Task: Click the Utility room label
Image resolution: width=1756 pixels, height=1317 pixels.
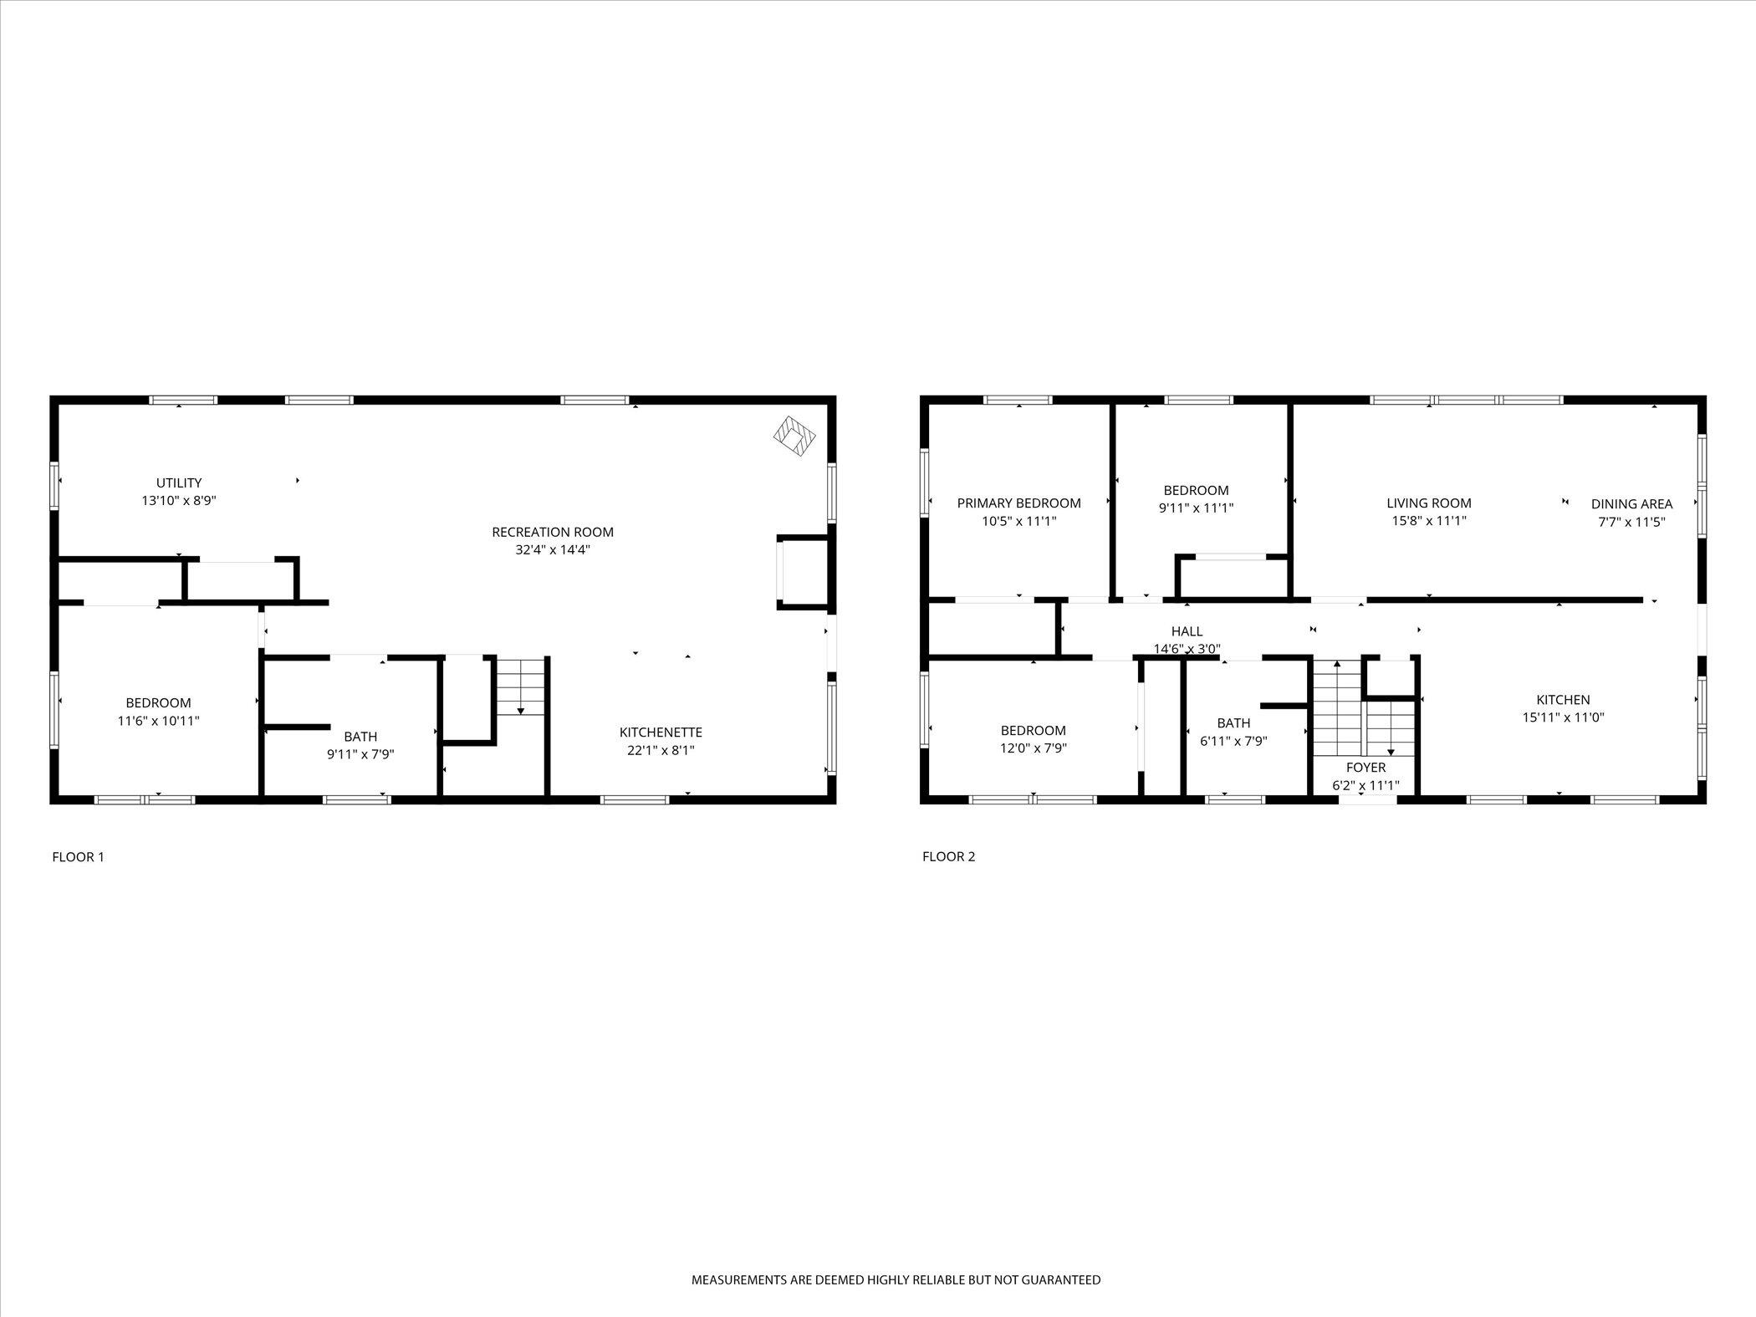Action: click(179, 482)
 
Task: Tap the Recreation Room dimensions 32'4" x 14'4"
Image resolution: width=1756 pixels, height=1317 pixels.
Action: click(553, 550)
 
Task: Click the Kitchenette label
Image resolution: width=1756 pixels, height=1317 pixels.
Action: click(661, 732)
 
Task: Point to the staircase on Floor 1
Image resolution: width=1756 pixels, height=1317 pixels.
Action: click(520, 685)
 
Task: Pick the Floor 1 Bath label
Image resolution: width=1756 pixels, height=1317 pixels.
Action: click(360, 736)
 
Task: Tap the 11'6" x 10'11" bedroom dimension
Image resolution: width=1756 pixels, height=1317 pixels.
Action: click(158, 721)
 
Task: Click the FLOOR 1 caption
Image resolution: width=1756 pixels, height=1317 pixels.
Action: click(78, 856)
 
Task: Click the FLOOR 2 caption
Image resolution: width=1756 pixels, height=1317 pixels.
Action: click(948, 856)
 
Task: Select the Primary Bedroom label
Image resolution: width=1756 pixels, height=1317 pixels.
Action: click(1018, 503)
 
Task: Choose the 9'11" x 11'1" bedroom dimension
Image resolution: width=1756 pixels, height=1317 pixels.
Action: click(1196, 508)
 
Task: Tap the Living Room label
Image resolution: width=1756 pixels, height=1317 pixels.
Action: click(1428, 503)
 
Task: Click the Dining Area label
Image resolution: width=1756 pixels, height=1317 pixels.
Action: click(1631, 503)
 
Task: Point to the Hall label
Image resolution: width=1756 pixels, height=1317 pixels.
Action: click(1187, 631)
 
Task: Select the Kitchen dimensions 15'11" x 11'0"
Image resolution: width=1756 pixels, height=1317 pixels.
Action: click(1563, 717)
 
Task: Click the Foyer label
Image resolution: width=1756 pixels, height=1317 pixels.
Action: click(1365, 767)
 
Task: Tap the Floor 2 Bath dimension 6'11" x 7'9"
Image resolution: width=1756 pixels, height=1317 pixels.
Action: click(1233, 741)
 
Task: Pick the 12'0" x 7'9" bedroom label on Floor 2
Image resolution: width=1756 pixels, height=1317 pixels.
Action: click(1033, 730)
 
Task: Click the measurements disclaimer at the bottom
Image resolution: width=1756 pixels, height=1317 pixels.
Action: click(896, 1279)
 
